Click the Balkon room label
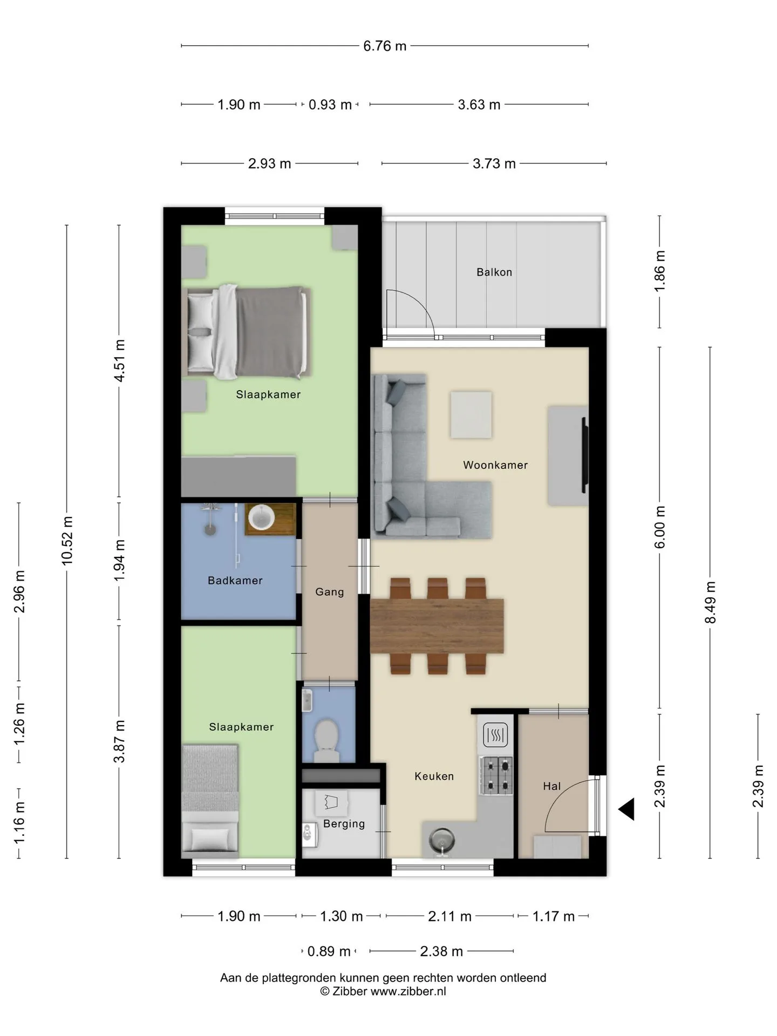(494, 272)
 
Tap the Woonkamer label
(495, 465)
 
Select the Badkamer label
(235, 581)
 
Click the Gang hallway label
(330, 592)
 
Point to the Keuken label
(434, 776)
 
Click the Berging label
(344, 824)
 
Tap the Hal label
(552, 786)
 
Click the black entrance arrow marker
(626, 809)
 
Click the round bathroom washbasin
(262, 517)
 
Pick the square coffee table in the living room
(471, 415)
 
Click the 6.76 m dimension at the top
(385, 46)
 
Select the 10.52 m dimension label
(67, 541)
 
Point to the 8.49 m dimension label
(710, 602)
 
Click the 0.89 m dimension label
(329, 951)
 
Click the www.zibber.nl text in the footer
(408, 991)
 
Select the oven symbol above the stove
(495, 734)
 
